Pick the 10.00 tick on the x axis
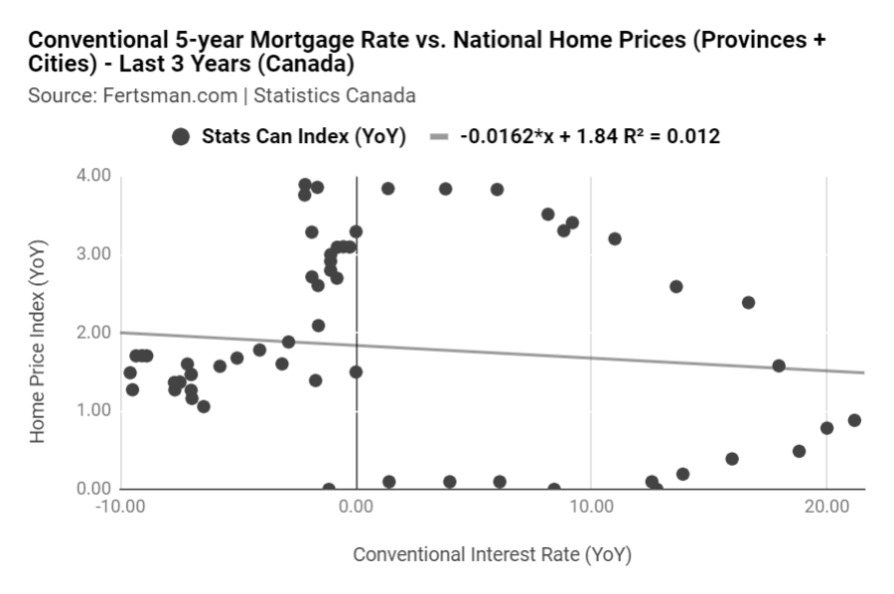(591, 507)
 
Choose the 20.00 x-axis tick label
(826, 507)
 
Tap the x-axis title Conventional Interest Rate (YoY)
(492, 553)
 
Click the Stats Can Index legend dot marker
(181, 137)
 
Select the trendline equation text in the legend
(590, 137)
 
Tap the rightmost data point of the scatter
(854, 420)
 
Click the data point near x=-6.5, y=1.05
(204, 406)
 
